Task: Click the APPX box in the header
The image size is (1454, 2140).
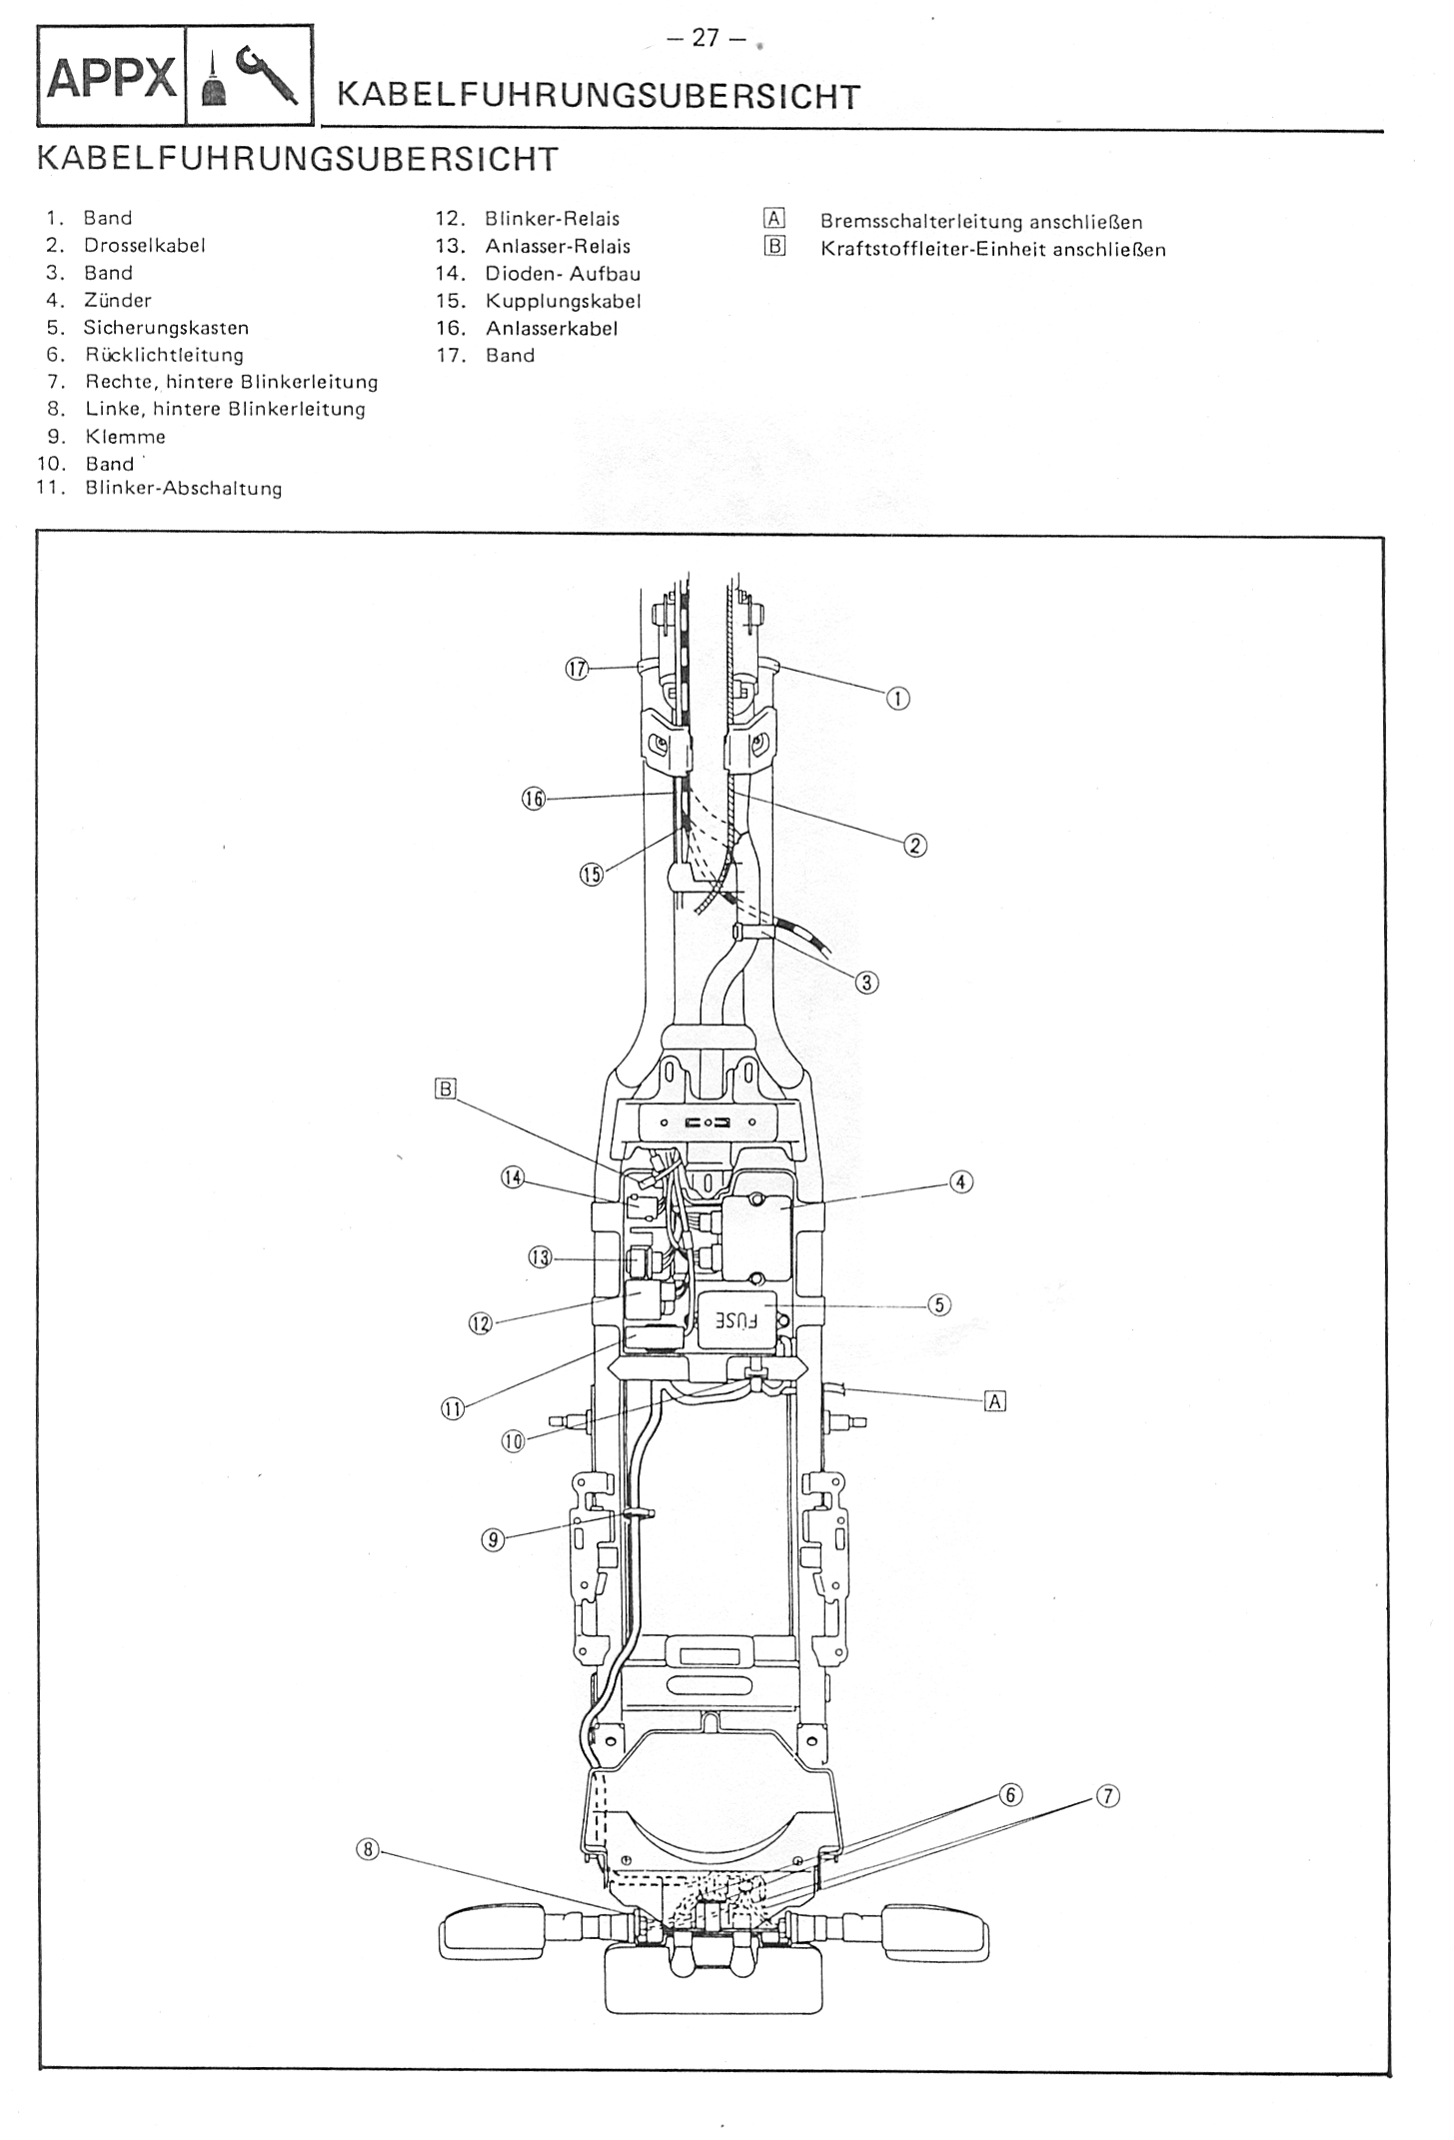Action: pyautogui.click(x=111, y=77)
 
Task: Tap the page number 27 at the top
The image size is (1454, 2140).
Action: pyautogui.click(x=706, y=38)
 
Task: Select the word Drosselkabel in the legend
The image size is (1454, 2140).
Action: pyautogui.click(x=144, y=246)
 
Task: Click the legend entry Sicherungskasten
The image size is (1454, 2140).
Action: pyautogui.click(x=166, y=328)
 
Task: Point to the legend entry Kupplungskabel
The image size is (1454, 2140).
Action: pyautogui.click(x=563, y=301)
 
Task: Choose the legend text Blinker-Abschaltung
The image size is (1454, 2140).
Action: pyautogui.click(x=184, y=489)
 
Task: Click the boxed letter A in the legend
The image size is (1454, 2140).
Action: pyautogui.click(x=774, y=220)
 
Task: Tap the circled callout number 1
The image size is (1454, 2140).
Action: pyautogui.click(x=897, y=699)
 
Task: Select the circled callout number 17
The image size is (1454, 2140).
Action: pyautogui.click(x=577, y=669)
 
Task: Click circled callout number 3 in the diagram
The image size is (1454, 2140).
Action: pyautogui.click(x=866, y=983)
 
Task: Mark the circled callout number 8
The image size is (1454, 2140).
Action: pyautogui.click(x=368, y=1849)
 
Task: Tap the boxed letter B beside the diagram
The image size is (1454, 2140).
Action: pyautogui.click(x=445, y=1088)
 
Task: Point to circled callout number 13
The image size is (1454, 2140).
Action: pyautogui.click(x=540, y=1258)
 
